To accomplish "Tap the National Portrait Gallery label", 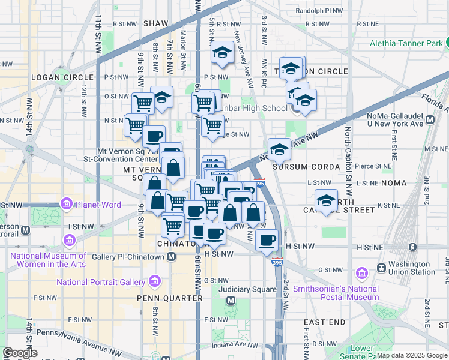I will [100, 282].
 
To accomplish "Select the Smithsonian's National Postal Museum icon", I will [361, 274].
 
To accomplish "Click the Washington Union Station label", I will [412, 268].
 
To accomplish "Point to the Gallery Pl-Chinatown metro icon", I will [172, 257].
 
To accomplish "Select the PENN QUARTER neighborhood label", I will [170, 298].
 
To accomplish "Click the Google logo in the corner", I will [20, 353].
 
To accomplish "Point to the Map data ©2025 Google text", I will [412, 355].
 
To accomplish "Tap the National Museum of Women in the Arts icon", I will [70, 241].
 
